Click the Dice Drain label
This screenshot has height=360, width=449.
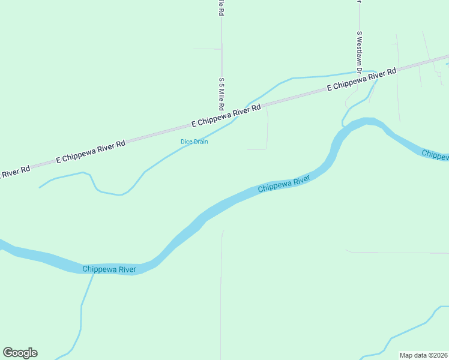click(194, 142)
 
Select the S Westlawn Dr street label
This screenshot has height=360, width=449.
click(359, 52)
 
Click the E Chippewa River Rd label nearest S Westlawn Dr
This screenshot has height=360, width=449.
click(362, 80)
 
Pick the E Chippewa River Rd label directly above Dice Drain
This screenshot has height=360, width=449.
click(226, 116)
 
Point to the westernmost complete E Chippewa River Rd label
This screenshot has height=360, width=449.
click(91, 152)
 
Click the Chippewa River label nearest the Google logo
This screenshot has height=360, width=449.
click(110, 269)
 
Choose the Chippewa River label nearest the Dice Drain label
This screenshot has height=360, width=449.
click(284, 184)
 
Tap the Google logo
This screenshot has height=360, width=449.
click(20, 353)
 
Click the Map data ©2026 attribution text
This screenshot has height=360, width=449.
click(423, 355)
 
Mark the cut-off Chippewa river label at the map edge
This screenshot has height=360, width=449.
click(435, 154)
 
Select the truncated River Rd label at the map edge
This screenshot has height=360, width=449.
click(15, 172)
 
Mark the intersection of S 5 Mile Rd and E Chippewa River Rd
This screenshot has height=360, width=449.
click(221, 117)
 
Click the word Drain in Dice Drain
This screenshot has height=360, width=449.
click(200, 142)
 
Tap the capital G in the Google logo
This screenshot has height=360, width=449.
click(8, 352)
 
